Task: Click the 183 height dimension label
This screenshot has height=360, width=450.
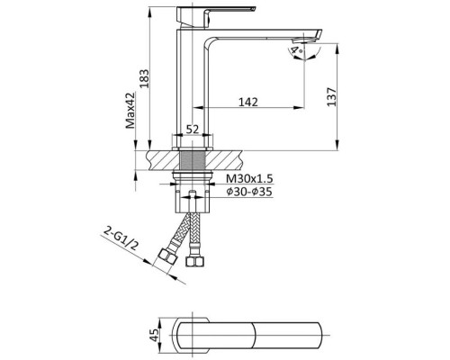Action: (145, 78)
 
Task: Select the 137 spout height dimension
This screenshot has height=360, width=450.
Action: (331, 96)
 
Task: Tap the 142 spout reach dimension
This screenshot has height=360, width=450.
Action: (248, 102)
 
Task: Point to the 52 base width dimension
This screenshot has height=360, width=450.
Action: (193, 130)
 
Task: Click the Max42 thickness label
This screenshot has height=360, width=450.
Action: (130, 110)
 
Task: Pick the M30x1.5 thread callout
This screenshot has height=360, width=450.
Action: (249, 179)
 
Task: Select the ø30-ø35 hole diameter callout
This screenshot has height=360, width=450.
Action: (249, 192)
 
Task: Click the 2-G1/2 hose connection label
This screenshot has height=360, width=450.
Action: (121, 238)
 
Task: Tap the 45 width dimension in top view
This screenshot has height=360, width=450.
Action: (155, 335)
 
